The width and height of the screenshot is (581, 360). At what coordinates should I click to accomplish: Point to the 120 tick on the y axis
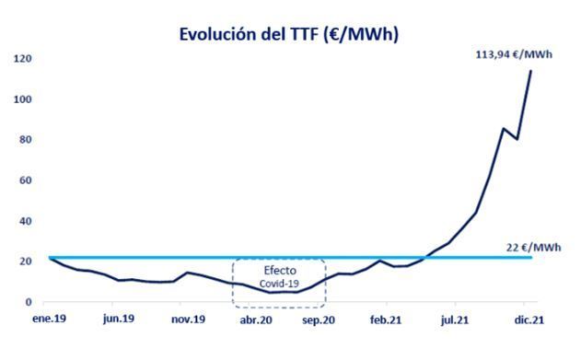click(22, 59)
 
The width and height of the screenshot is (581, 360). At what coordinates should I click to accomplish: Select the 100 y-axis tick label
click(22, 99)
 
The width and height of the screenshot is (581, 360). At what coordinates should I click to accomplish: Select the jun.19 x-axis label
click(118, 322)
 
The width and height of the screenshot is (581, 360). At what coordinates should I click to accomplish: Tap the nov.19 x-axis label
click(188, 322)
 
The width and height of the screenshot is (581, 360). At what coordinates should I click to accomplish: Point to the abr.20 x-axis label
click(256, 322)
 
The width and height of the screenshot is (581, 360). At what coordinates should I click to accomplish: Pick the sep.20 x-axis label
click(319, 322)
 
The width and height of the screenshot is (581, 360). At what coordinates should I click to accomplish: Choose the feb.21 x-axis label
click(385, 322)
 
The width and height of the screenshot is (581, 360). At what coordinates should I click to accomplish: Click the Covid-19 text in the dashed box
click(279, 285)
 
